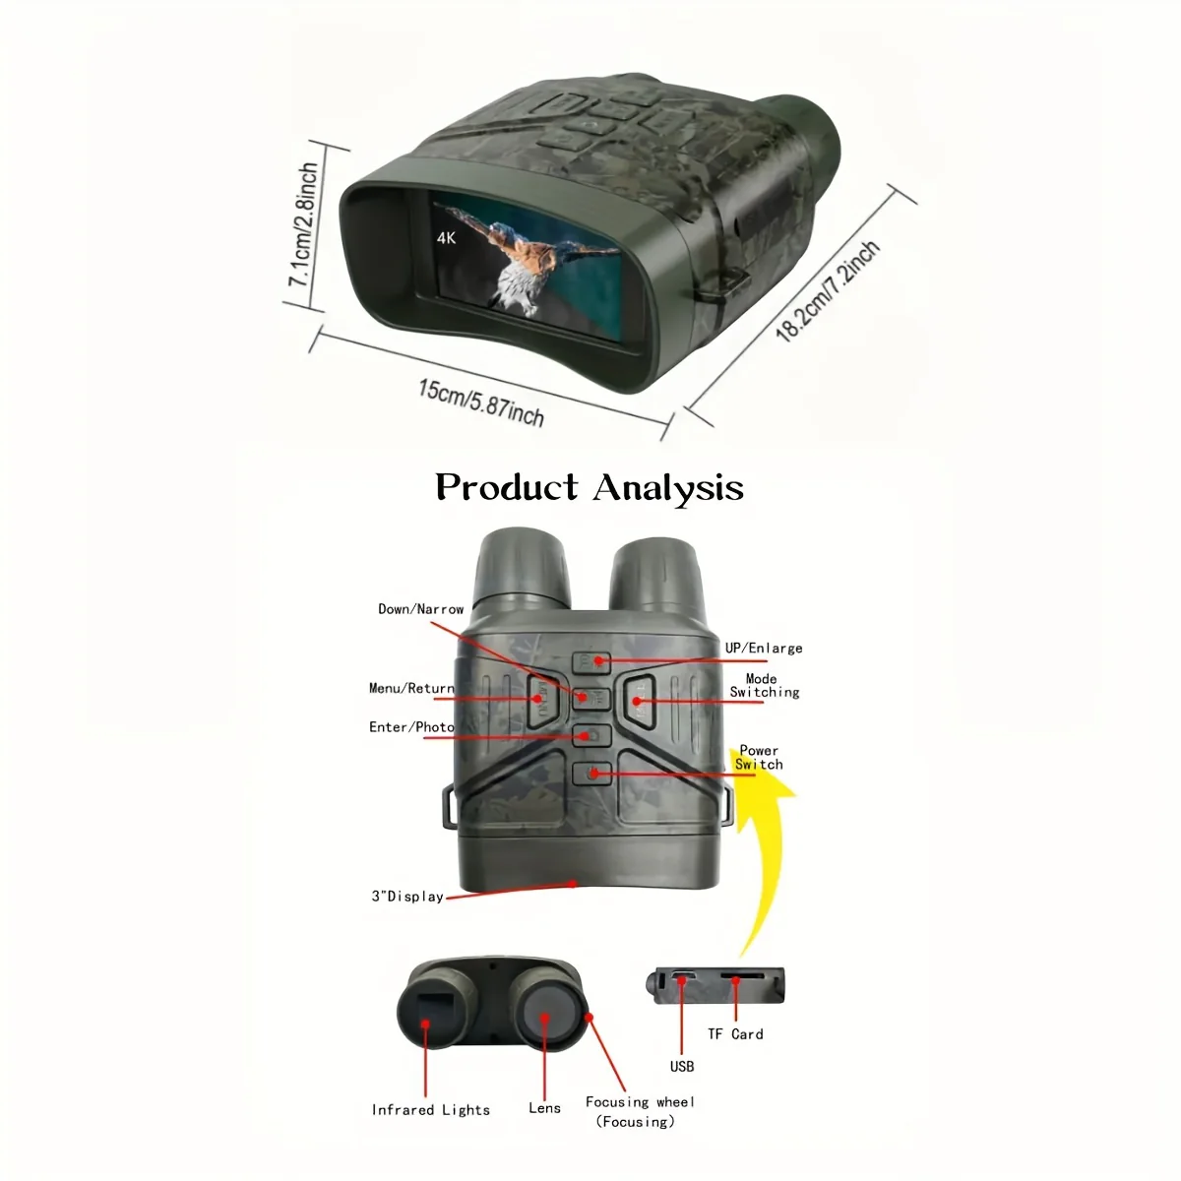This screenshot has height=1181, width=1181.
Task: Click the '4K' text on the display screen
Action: coord(446,238)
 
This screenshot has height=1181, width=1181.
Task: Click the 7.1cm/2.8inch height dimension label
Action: coord(303,225)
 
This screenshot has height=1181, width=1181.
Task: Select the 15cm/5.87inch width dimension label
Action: coord(481,403)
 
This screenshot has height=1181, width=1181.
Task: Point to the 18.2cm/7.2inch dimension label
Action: coord(828,291)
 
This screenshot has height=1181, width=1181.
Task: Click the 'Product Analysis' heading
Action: coord(590,488)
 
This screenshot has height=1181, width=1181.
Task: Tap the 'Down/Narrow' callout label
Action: coord(421,609)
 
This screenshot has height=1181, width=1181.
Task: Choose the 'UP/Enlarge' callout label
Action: coord(764,649)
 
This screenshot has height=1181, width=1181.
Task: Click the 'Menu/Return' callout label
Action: coord(411,688)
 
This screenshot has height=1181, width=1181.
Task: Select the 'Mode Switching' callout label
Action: coord(765,686)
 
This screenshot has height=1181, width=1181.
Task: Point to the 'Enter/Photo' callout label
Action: coord(411,727)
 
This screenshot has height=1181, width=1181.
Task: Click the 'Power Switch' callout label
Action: coord(760,758)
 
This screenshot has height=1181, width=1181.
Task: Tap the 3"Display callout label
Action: coord(407,897)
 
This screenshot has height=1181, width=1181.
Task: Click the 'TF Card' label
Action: coord(735,1034)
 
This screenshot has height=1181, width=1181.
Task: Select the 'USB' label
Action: coord(681,1067)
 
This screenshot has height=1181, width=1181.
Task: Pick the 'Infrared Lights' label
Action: coord(431,1110)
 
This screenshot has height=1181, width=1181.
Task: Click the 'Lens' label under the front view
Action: coord(545,1108)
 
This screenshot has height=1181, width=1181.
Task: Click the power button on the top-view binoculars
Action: coord(591,774)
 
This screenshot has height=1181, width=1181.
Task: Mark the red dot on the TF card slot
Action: coord(736,981)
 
